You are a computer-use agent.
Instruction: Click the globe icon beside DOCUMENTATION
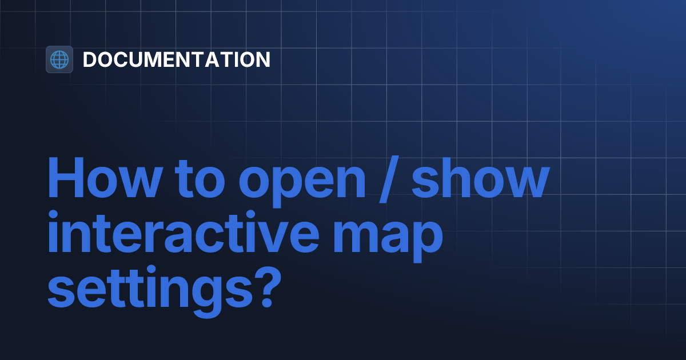(x=59, y=59)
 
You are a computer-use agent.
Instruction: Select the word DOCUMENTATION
(x=176, y=59)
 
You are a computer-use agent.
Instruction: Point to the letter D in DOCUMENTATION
(x=90, y=59)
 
